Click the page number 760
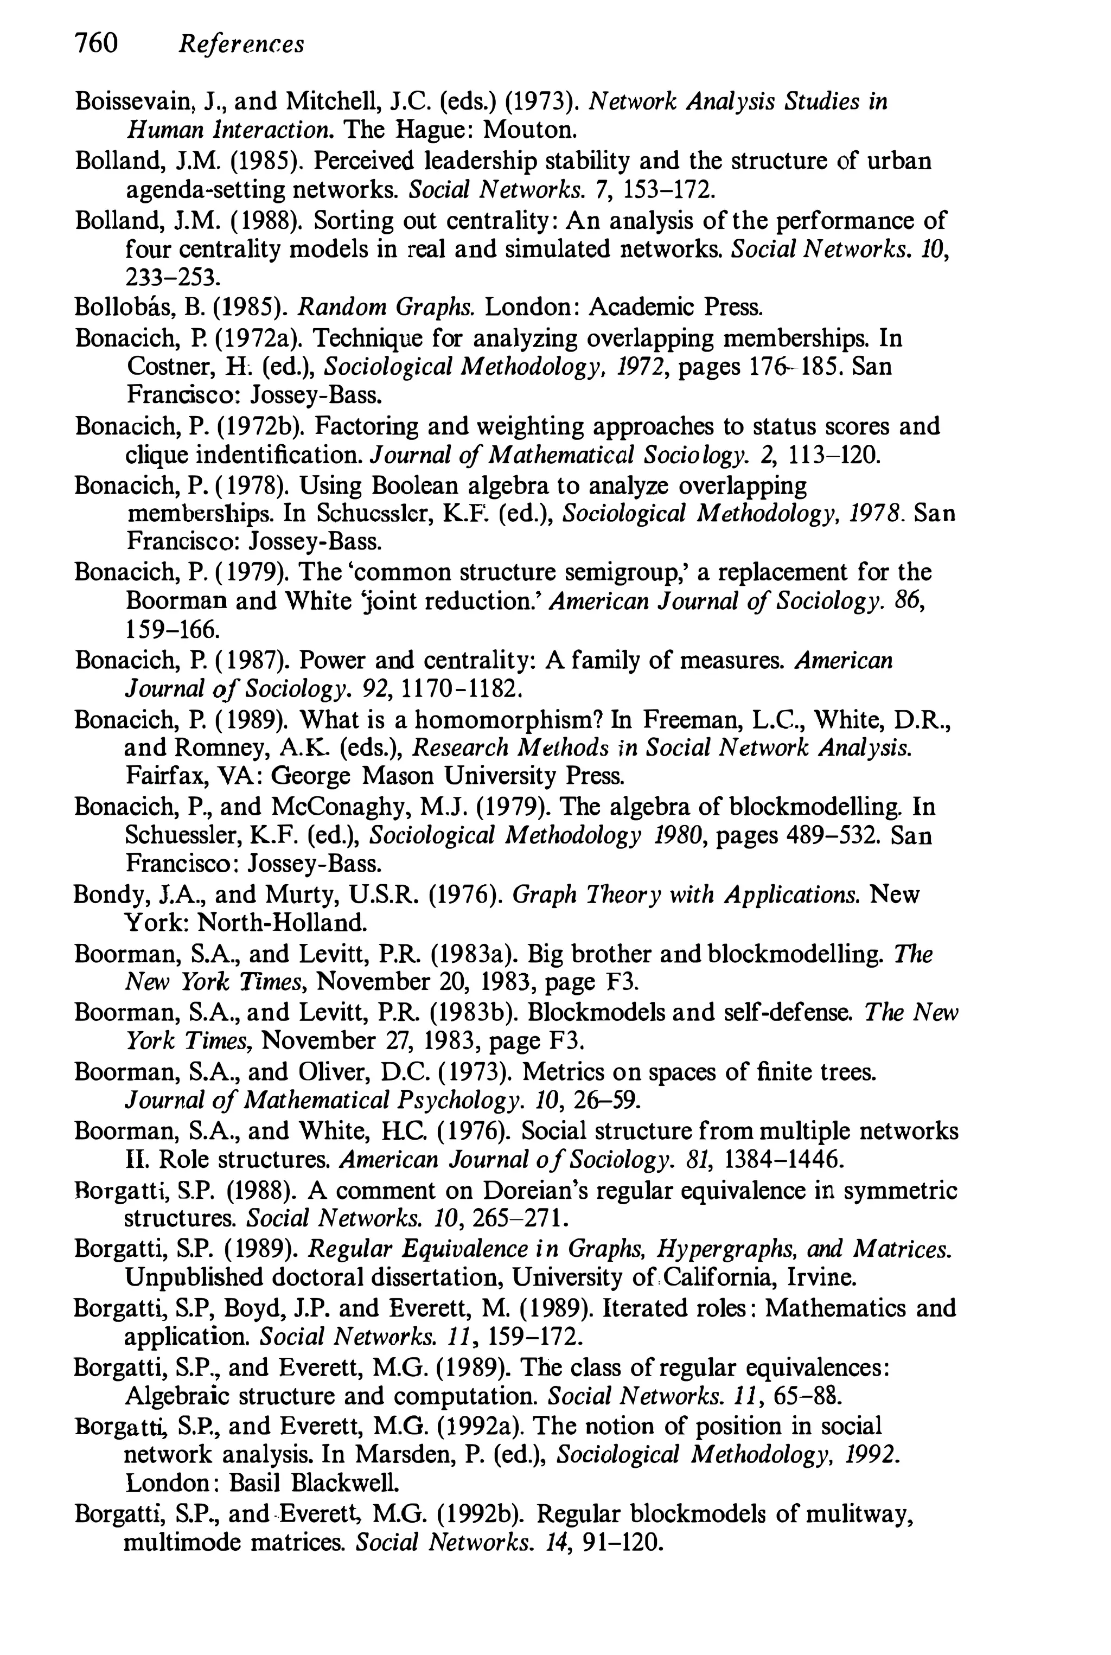95,44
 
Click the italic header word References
241,46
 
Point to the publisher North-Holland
282,923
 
